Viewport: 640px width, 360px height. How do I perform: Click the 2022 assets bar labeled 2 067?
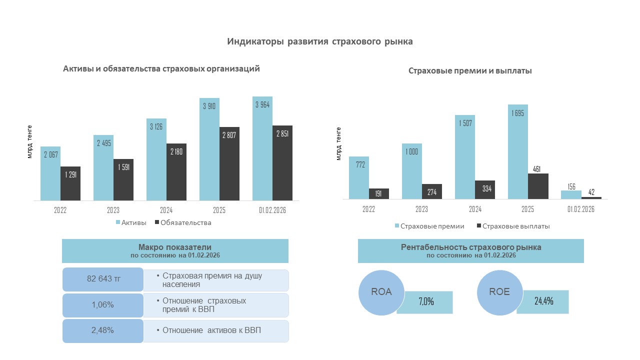[50, 172]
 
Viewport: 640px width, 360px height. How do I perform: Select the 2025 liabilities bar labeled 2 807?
[229, 163]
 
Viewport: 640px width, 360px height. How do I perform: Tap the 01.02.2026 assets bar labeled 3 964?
[262, 148]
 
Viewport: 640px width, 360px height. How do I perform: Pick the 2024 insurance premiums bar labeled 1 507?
[465, 157]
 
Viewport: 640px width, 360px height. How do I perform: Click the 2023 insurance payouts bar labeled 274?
[431, 192]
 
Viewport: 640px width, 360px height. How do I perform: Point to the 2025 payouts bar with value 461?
[538, 186]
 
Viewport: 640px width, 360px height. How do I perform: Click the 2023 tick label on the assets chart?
[113, 210]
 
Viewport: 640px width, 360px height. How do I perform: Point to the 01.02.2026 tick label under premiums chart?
[581, 209]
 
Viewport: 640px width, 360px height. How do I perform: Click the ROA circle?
[381, 292]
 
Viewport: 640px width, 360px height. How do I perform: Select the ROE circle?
[499, 292]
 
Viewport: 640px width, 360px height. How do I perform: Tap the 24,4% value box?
[542, 301]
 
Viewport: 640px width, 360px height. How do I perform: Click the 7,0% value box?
[425, 302]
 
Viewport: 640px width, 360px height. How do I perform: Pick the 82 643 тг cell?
[103, 279]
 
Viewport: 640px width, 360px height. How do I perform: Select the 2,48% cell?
[103, 330]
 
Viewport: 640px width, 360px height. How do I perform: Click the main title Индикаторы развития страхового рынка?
[320, 41]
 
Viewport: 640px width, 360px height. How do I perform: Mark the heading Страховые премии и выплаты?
[470, 71]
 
